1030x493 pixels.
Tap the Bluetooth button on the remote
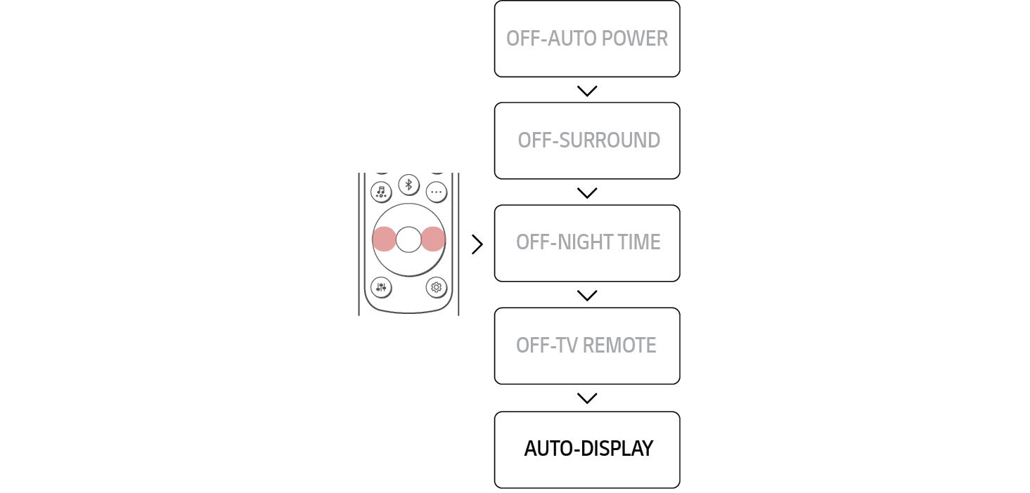pyautogui.click(x=408, y=185)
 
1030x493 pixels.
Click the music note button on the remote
pyautogui.click(x=381, y=192)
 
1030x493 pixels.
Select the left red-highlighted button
pyautogui.click(x=384, y=239)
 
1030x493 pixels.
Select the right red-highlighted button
pyautogui.click(x=433, y=239)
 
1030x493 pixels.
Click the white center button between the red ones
pyautogui.click(x=408, y=239)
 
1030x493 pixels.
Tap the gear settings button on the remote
pyautogui.click(x=436, y=287)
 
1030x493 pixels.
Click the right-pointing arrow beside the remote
pyautogui.click(x=478, y=244)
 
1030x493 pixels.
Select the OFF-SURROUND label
pyautogui.click(x=588, y=140)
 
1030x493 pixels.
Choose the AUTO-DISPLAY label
pyautogui.click(x=588, y=449)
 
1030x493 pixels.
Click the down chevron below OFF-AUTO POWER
pyautogui.click(x=586, y=91)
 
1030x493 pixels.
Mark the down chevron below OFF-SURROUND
pyautogui.click(x=586, y=192)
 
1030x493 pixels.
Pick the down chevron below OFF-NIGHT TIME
pyautogui.click(x=586, y=295)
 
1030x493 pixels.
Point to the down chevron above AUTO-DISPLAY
pyautogui.click(x=586, y=398)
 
